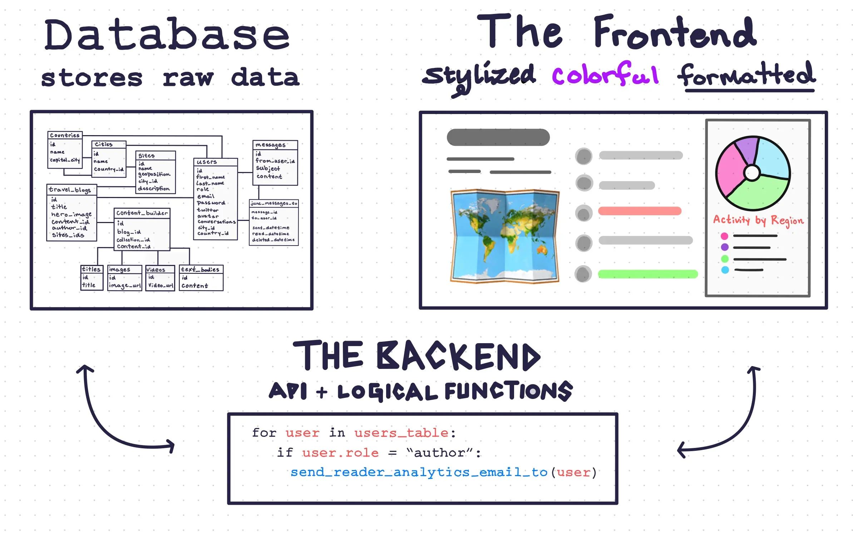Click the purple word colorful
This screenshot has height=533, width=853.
point(605,74)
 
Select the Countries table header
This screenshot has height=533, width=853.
point(65,135)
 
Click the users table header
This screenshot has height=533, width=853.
point(207,162)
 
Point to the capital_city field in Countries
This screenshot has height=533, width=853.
point(65,160)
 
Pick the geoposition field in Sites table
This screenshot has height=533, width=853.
point(154,174)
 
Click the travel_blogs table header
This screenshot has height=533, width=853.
point(70,189)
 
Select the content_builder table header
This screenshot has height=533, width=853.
point(142,213)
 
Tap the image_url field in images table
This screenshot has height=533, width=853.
point(125,285)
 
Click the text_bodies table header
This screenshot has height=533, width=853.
point(200,269)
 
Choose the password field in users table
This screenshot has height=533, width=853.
point(211,203)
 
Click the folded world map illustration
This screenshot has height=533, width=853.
point(504,236)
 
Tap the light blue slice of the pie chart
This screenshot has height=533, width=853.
point(772,157)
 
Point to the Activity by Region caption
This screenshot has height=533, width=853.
point(758,220)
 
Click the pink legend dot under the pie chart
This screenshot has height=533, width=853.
point(724,236)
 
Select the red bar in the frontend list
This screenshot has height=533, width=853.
point(640,211)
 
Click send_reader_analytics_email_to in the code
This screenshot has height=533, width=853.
point(419,472)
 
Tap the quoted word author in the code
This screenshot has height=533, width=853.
point(439,453)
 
